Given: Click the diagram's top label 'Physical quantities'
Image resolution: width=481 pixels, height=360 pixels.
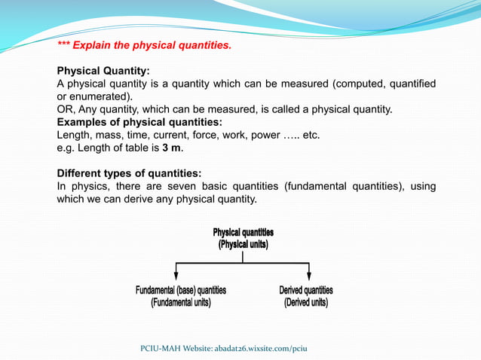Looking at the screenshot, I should point(243,232).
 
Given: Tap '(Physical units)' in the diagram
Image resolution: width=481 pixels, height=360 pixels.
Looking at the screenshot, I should point(243,244).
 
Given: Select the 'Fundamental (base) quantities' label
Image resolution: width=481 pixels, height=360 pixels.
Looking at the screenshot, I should point(181,290).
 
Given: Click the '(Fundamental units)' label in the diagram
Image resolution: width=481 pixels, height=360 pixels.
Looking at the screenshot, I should point(181,303).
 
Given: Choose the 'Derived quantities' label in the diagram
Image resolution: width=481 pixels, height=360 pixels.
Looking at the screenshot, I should point(306,290).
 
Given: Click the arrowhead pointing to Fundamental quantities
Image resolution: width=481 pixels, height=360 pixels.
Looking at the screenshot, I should point(176,276).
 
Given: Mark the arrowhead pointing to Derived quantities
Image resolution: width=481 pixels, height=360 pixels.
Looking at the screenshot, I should point(309,276).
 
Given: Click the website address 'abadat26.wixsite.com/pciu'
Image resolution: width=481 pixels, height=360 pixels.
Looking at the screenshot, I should point(256,348).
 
